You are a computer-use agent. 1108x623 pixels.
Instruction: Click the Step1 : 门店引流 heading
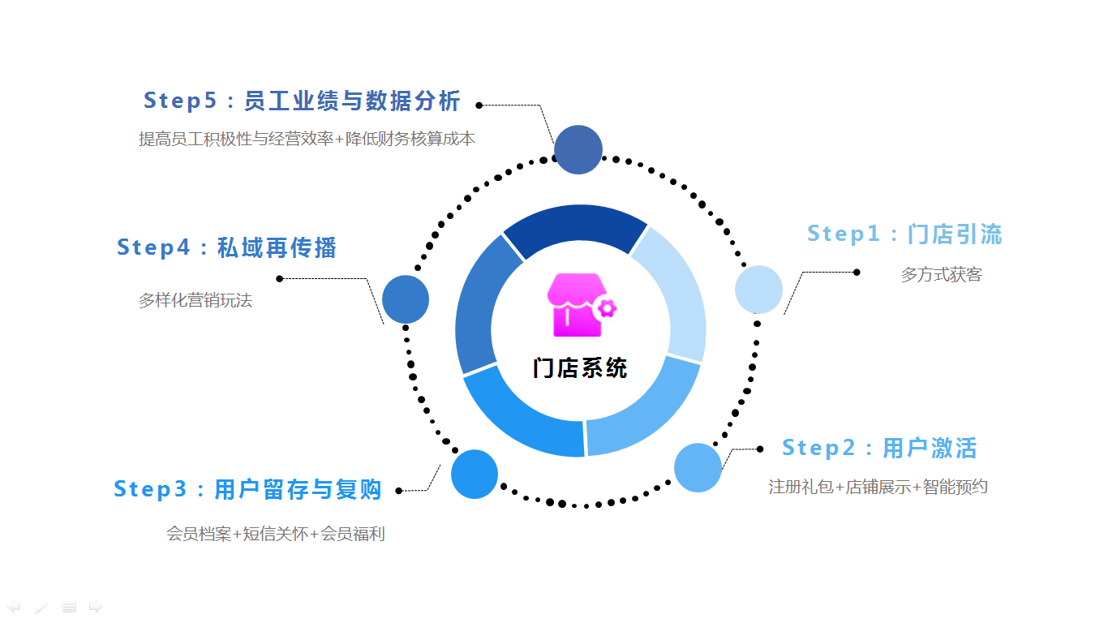904,234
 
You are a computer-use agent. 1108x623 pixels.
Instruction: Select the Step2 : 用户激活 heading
879,448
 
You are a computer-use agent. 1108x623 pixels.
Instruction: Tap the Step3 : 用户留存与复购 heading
247,489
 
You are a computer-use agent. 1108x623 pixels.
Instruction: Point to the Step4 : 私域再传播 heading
226,247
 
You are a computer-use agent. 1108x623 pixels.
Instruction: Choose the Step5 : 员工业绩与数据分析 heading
302,101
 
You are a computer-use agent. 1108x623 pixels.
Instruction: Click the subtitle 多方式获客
941,275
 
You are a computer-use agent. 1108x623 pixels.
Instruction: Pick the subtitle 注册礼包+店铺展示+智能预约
878,488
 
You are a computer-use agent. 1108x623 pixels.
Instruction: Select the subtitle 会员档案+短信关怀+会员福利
276,535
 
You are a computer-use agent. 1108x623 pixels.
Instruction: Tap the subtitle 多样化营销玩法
195,301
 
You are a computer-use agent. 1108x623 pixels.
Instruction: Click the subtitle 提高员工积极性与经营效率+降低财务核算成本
307,140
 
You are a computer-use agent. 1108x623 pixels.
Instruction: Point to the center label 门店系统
580,367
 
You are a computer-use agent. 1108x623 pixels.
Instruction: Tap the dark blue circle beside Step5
578,150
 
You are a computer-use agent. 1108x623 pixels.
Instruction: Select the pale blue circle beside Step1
758,290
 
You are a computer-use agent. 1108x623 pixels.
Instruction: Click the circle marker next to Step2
698,467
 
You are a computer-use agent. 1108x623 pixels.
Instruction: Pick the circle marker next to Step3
475,474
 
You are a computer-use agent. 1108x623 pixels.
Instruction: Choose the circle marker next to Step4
406,299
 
